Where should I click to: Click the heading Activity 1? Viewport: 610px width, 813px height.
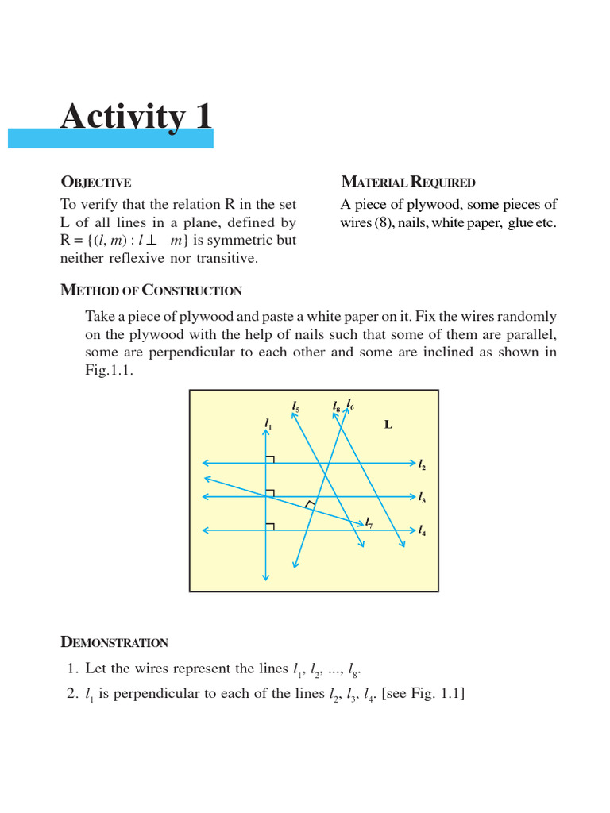[x=137, y=117]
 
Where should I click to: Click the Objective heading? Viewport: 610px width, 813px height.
[x=96, y=183]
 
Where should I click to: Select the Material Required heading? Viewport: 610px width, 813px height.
[x=407, y=183]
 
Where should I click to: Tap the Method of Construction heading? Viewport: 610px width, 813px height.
[x=151, y=291]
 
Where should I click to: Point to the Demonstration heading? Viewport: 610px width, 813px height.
[x=114, y=642]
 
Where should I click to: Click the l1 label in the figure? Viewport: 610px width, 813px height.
[x=268, y=424]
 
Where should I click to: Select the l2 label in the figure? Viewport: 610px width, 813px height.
[x=422, y=464]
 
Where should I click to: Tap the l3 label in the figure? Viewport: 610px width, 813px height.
[x=422, y=499]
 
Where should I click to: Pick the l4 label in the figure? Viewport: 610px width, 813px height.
[x=422, y=531]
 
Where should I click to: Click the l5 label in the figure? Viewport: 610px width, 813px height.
[x=295, y=407]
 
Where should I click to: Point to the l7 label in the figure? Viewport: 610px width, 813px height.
[x=369, y=522]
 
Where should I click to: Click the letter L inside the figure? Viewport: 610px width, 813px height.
[x=388, y=425]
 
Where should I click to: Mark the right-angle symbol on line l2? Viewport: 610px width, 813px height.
[x=270, y=459]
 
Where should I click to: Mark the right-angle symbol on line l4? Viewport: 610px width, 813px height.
[x=270, y=526]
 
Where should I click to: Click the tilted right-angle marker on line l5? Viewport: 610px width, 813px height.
[x=311, y=504]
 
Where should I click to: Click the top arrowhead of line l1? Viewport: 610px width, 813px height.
[x=266, y=433]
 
